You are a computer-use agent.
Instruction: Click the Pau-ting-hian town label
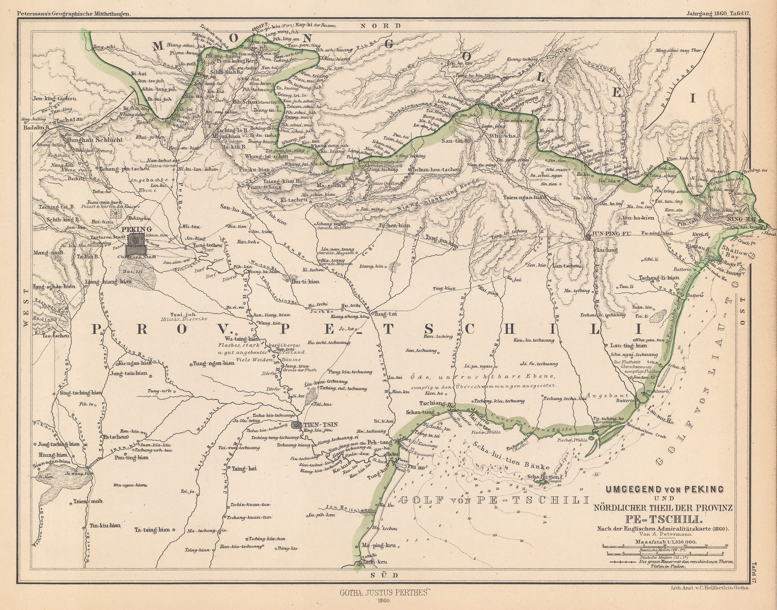pos(131,457)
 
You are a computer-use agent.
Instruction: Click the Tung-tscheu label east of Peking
pos(207,245)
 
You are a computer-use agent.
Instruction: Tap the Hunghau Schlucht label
pos(94,140)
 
